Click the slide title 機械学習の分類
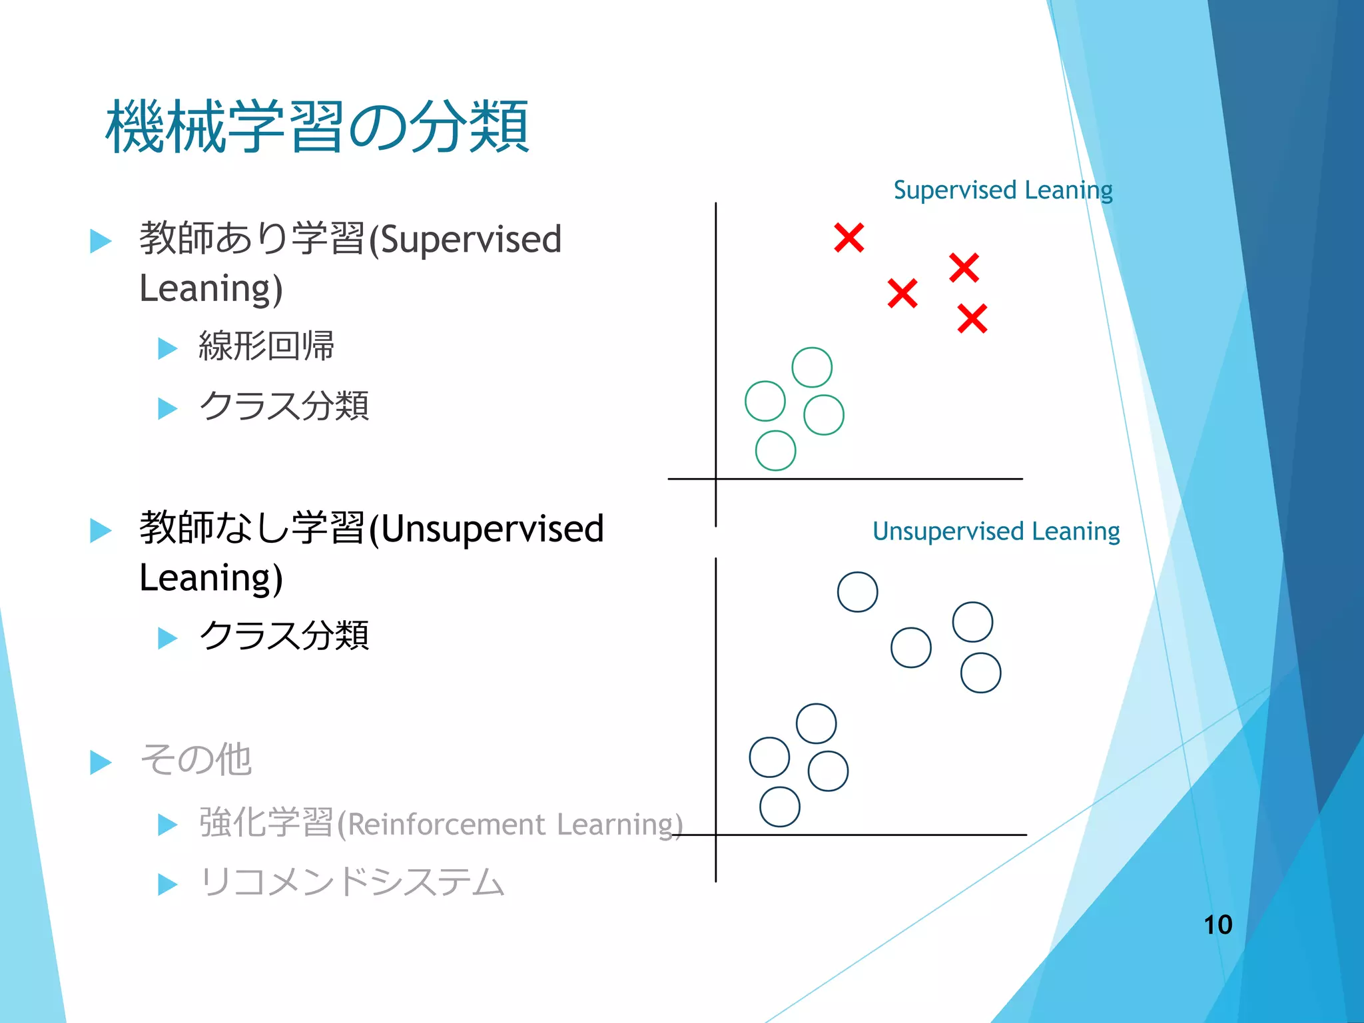317,127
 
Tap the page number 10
1217,924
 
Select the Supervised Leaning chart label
1002,190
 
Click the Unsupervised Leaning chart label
996,531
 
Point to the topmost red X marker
849,238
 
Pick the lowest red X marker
972,318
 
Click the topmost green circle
812,367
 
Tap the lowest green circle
775,451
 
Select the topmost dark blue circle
857,592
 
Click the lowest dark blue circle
779,807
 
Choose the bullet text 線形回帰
266,346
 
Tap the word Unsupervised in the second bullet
492,529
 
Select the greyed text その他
196,759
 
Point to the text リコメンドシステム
351,882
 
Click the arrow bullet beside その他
101,762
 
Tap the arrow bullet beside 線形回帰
167,348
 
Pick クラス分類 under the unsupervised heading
284,635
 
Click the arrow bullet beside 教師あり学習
101,241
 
